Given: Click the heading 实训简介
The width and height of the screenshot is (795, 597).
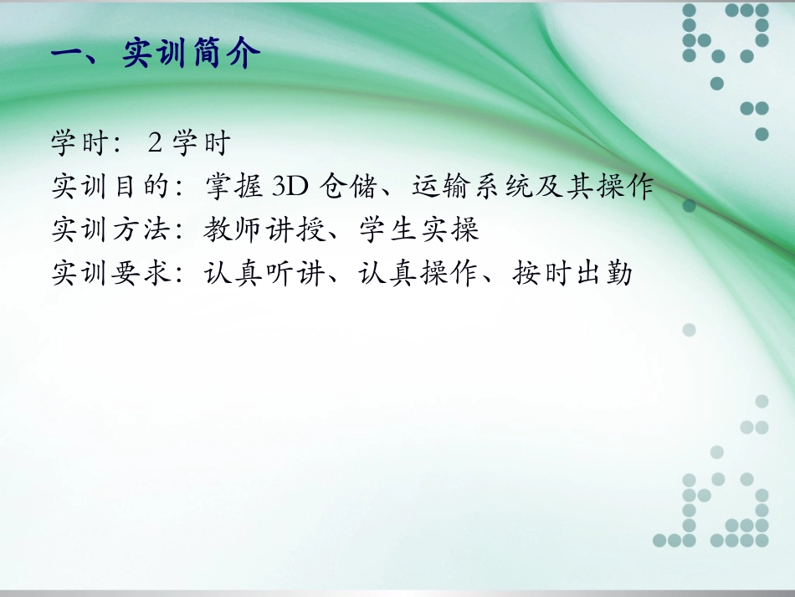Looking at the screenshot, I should [192, 54].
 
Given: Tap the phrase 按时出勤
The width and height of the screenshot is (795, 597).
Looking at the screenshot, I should [572, 273].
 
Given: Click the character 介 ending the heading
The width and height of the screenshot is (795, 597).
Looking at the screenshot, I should [244, 54].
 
